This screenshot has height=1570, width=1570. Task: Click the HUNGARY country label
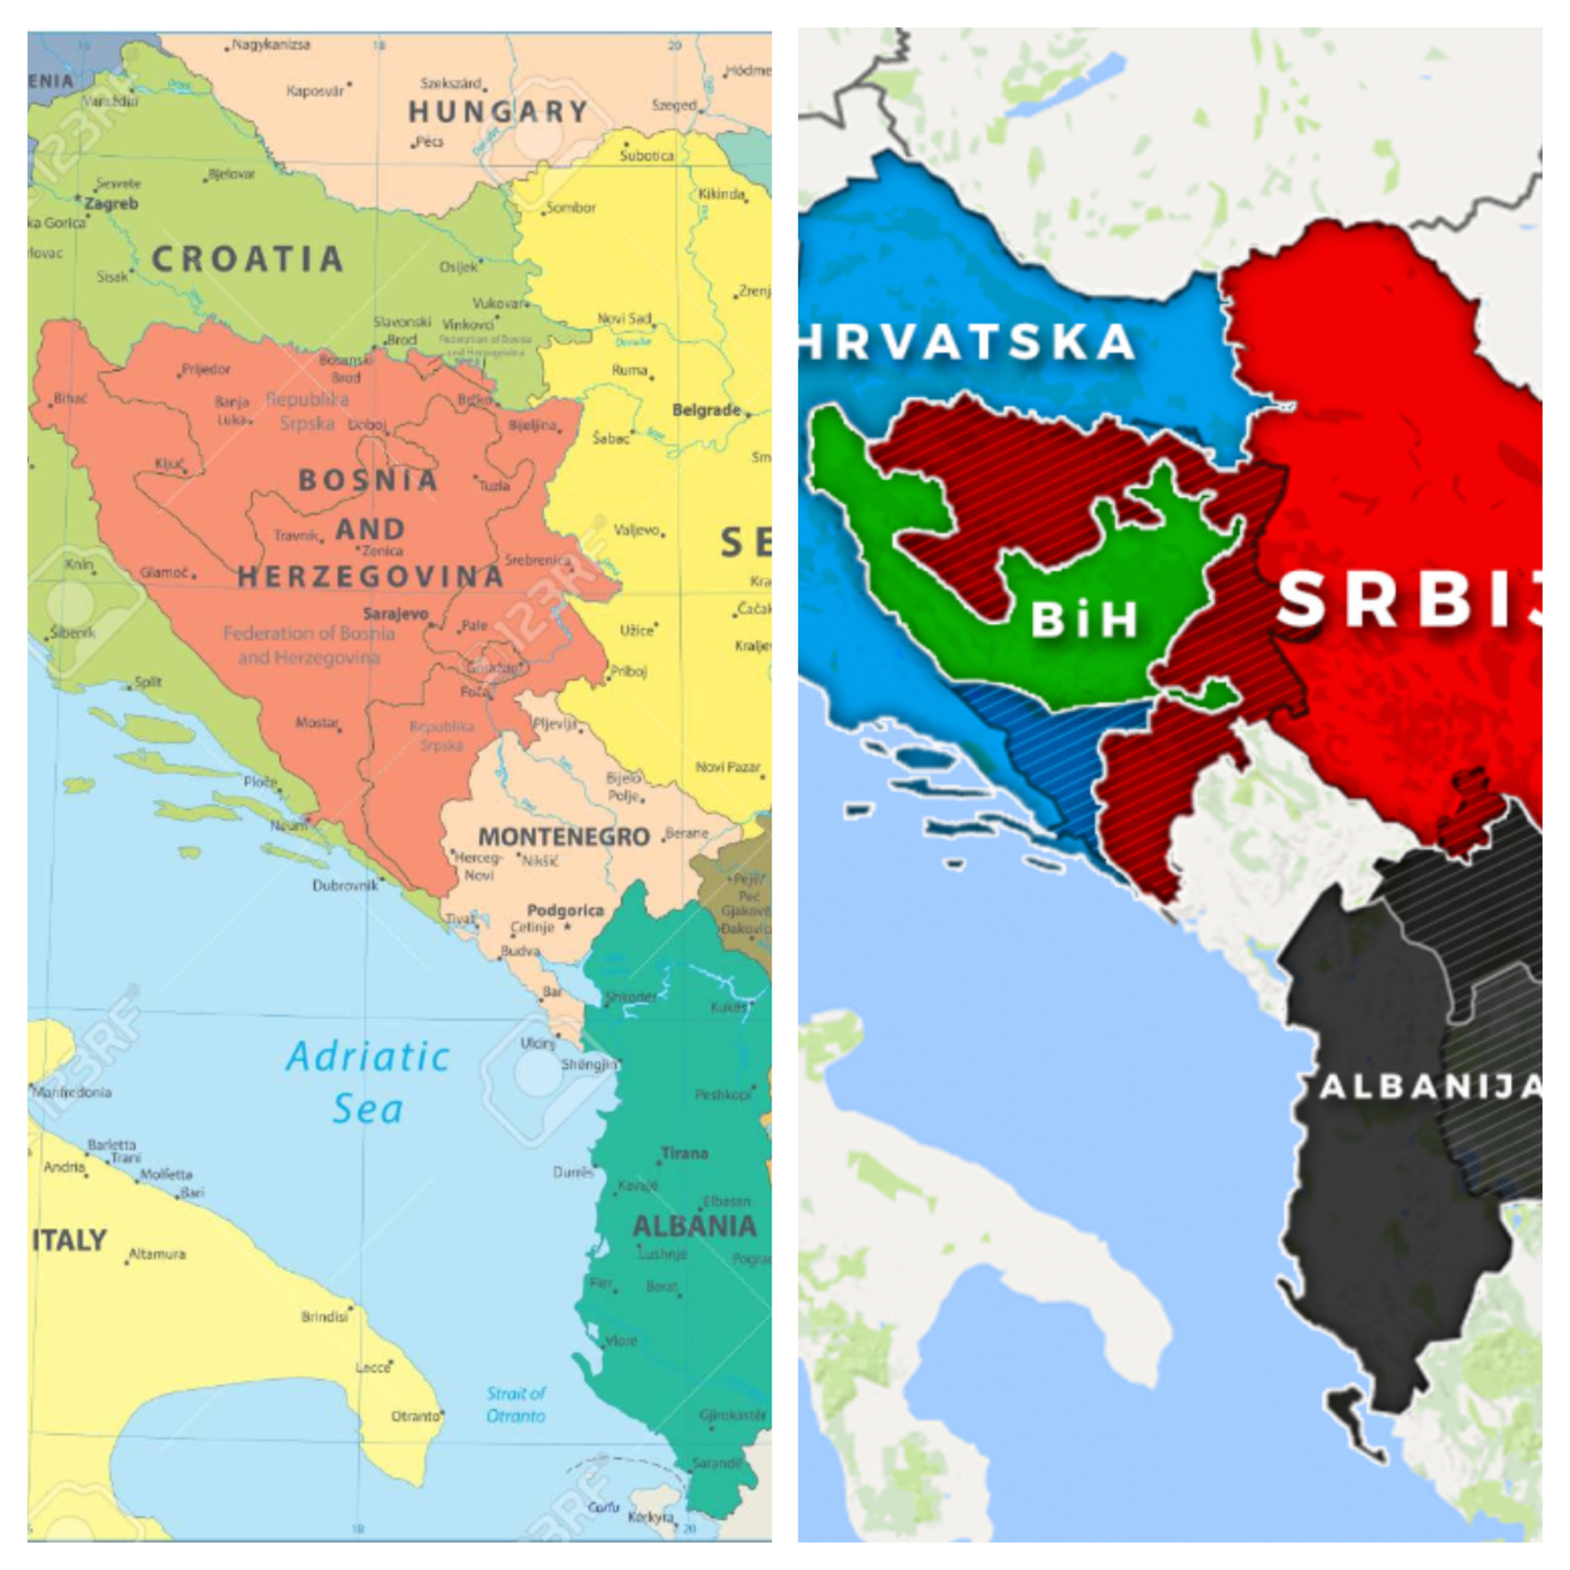[497, 111]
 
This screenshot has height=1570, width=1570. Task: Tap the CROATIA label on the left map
[247, 259]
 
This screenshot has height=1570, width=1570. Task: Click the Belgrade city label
[705, 410]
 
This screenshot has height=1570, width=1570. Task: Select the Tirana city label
[684, 1152]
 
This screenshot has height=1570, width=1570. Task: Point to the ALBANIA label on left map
[694, 1226]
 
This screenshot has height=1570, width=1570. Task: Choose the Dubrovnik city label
[345, 885]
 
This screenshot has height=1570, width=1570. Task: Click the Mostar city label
[316, 722]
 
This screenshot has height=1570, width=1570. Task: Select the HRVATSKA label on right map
[967, 341]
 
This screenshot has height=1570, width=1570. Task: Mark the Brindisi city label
[324, 1316]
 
